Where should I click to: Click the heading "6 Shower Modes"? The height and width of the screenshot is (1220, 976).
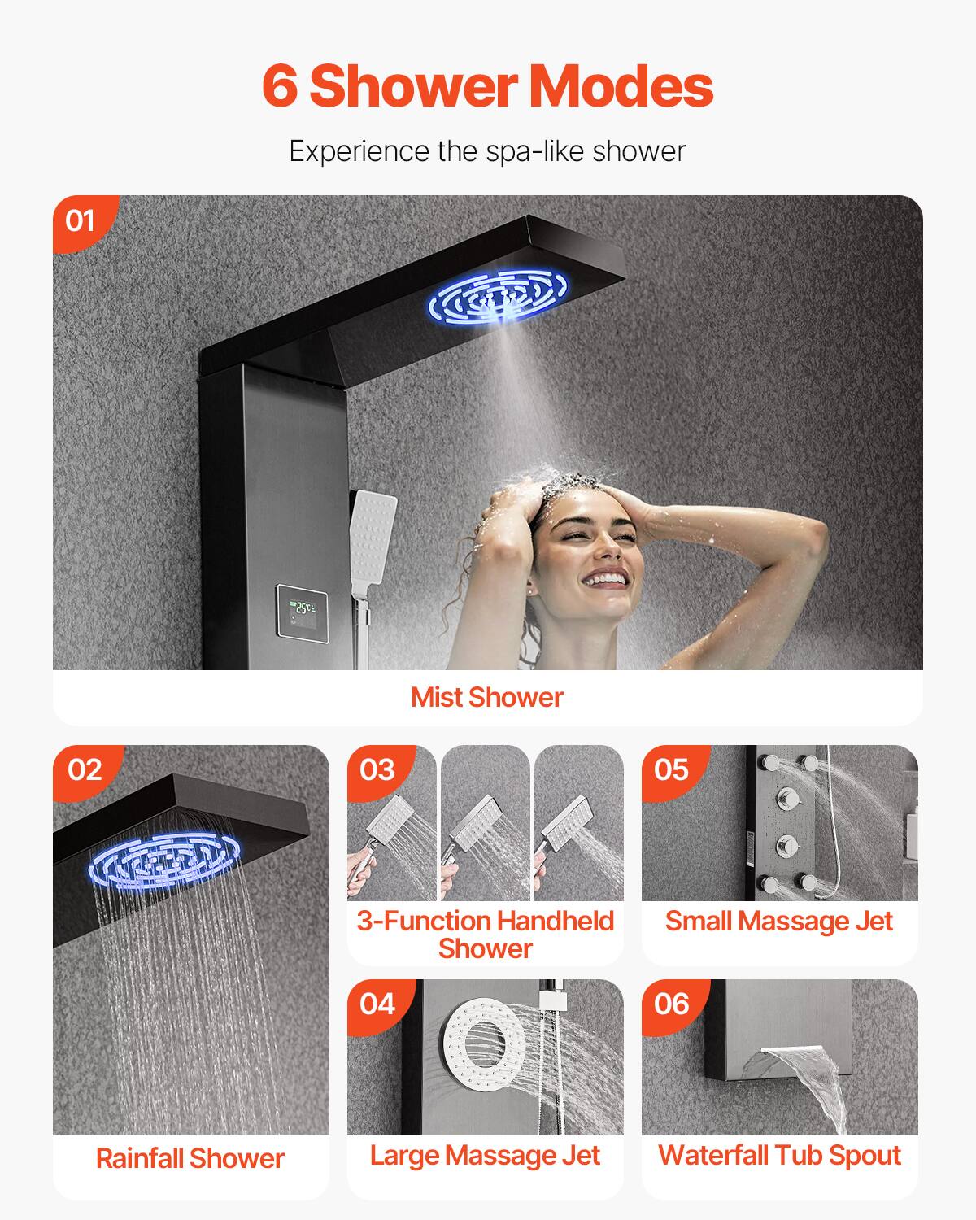tap(488, 86)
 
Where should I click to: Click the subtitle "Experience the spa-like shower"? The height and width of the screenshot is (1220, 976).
tap(487, 151)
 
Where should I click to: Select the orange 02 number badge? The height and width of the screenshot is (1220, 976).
tap(85, 769)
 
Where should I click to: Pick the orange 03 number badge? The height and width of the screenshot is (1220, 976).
tap(377, 769)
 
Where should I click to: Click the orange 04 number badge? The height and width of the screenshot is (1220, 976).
tap(377, 1004)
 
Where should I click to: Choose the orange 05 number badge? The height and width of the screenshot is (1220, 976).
tap(672, 769)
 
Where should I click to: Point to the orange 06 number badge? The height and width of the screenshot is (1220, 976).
tap(672, 1004)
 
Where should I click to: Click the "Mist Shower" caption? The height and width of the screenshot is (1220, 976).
tap(486, 697)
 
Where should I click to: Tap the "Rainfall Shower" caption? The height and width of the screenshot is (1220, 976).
tap(190, 1158)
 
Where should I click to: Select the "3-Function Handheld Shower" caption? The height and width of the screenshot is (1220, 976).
tap(486, 935)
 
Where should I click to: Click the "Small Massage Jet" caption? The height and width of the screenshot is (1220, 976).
tap(779, 922)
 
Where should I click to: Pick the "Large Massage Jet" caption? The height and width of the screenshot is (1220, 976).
tap(485, 1156)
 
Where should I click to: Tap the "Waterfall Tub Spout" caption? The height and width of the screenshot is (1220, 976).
tap(779, 1156)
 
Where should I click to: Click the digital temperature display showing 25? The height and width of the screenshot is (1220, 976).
tap(302, 610)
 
